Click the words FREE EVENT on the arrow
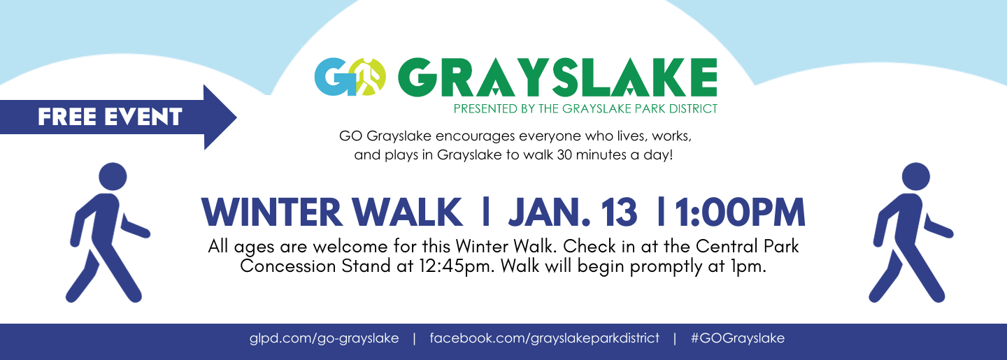(110, 117)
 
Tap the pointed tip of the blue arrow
(236, 117)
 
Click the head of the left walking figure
(113, 177)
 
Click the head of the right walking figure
(916, 177)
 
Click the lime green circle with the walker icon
(367, 77)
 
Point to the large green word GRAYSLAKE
(557, 77)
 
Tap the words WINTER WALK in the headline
(331, 212)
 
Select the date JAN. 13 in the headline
(573, 212)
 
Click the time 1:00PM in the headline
(740, 212)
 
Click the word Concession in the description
(288, 266)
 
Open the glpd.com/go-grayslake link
(324, 338)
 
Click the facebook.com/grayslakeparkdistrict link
(544, 338)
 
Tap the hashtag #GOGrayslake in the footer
(738, 338)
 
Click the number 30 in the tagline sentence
(564, 155)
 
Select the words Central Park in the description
(747, 246)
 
